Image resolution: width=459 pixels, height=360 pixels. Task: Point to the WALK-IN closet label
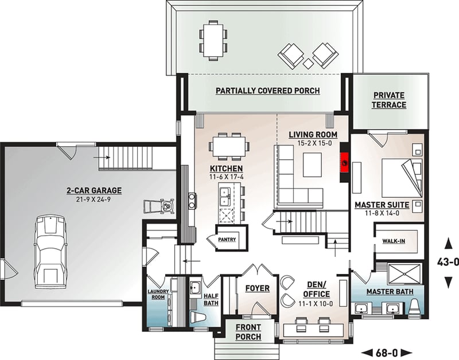(394, 241)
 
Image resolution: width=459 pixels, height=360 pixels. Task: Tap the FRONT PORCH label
(248, 332)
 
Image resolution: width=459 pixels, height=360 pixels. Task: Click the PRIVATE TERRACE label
(388, 100)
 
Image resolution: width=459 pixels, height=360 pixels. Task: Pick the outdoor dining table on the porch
(213, 38)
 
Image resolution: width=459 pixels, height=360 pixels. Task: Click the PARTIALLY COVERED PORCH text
(267, 91)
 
